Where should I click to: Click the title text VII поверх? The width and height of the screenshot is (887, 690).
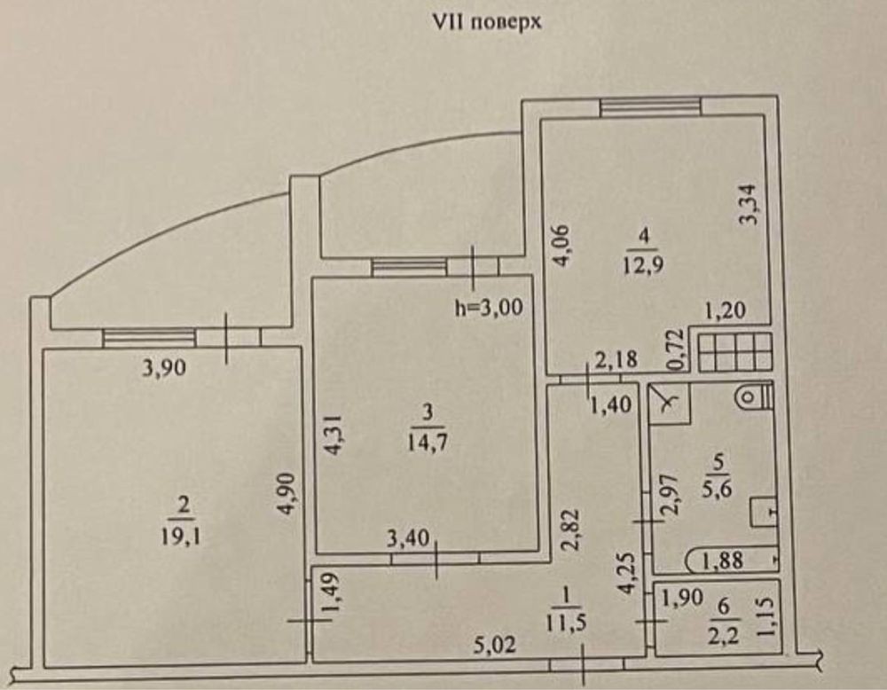click(x=486, y=21)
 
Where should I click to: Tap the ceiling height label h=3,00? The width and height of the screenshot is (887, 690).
click(x=489, y=308)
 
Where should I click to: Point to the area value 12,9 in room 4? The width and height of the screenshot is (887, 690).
click(x=642, y=264)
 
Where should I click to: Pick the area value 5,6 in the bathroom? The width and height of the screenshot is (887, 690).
click(x=717, y=489)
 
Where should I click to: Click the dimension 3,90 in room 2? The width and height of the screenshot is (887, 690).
click(x=163, y=369)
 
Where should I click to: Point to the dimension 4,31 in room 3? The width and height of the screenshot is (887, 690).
click(x=334, y=435)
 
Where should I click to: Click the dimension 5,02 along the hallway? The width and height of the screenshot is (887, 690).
click(x=495, y=645)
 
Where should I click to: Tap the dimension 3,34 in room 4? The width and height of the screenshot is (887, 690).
click(x=750, y=205)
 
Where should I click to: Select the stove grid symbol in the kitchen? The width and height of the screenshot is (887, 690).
click(x=734, y=352)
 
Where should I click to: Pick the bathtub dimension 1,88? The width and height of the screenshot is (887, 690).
click(x=722, y=561)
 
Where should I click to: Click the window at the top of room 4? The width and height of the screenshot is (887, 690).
click(x=650, y=107)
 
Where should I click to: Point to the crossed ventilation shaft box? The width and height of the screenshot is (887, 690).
click(x=668, y=404)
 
